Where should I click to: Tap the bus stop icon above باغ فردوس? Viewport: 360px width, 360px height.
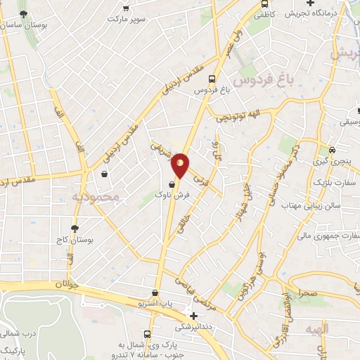[212, 79]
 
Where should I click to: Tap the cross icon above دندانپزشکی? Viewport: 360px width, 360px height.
[194, 316]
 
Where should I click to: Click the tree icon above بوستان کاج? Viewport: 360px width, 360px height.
[75, 229]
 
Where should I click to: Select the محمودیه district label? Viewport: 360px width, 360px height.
[97, 196]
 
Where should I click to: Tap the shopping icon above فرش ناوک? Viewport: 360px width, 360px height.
[172, 184]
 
